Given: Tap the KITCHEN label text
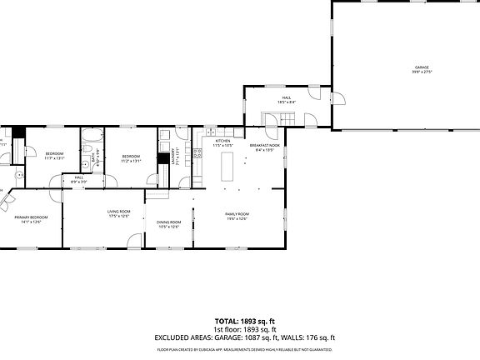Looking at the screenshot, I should (222, 142).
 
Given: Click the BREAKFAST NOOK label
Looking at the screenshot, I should (264, 146).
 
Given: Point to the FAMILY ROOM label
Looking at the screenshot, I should (237, 215).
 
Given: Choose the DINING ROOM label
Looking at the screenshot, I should (169, 222).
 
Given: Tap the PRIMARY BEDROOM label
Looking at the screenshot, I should (31, 217).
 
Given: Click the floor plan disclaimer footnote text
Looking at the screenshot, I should (239, 351).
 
